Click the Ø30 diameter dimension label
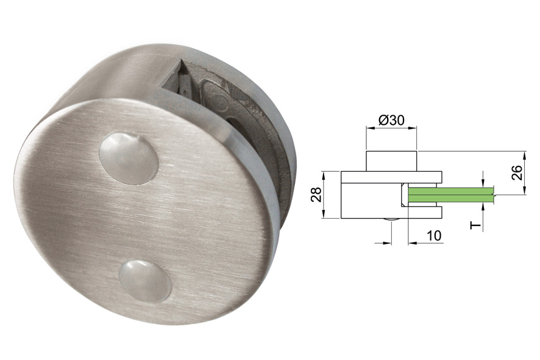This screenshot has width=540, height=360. pos(391,120)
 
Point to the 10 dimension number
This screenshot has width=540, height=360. pos(434,235)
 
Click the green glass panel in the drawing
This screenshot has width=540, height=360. pos(451,195)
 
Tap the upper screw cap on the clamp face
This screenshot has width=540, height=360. pos(128,157)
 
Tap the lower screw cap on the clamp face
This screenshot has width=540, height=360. pos(144,281)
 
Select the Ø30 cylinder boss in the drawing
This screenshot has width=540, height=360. pos(391,161)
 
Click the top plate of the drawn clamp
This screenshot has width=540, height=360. pos(391,177)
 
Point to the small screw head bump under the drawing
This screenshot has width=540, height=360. pos(391,221)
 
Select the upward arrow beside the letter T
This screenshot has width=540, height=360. pos(482,207)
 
